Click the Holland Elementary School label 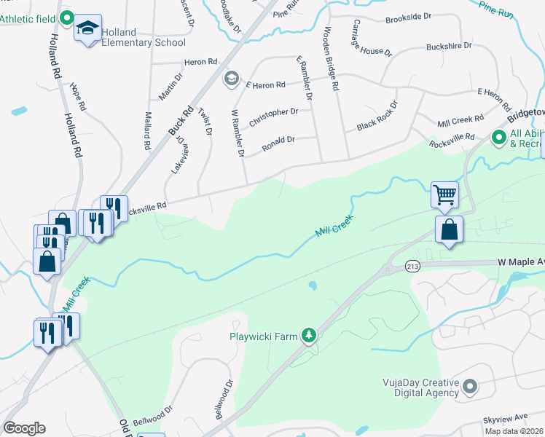144,37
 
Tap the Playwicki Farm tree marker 310,335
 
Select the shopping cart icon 444,194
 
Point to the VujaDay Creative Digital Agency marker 469,386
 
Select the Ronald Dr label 278,140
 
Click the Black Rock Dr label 377,116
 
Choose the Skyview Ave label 506,420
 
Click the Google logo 24,428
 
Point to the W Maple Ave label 520,261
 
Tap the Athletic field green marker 66,17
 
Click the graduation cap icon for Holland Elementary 89,28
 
